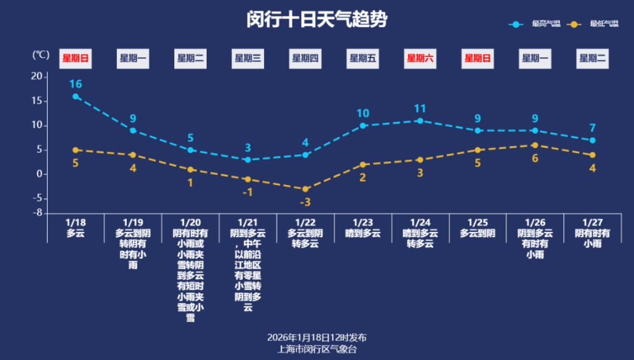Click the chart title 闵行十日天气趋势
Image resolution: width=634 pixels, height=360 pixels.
click(x=316, y=19)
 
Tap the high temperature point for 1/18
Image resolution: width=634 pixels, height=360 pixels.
click(x=76, y=96)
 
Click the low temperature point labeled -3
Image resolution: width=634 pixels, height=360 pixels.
click(x=306, y=189)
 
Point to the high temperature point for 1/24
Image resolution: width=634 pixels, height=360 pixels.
click(x=420, y=121)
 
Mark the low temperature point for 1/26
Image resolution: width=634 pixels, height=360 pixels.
click(x=535, y=145)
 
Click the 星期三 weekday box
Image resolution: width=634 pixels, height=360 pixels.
click(x=248, y=58)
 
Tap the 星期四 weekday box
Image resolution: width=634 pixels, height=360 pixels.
click(x=306, y=58)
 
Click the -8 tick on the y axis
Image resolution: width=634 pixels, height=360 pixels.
click(x=38, y=213)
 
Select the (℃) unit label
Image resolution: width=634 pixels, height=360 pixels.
click(x=41, y=55)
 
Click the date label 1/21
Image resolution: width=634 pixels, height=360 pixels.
click(x=248, y=223)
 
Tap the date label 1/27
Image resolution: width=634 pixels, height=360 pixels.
click(x=592, y=223)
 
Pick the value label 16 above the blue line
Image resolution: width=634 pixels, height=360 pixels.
click(x=75, y=84)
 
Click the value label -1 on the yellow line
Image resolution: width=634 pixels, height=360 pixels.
click(x=248, y=192)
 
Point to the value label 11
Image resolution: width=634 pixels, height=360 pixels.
click(x=420, y=108)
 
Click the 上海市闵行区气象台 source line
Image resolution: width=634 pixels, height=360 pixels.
click(x=317, y=348)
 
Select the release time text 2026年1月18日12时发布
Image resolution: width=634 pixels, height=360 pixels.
click(x=317, y=338)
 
